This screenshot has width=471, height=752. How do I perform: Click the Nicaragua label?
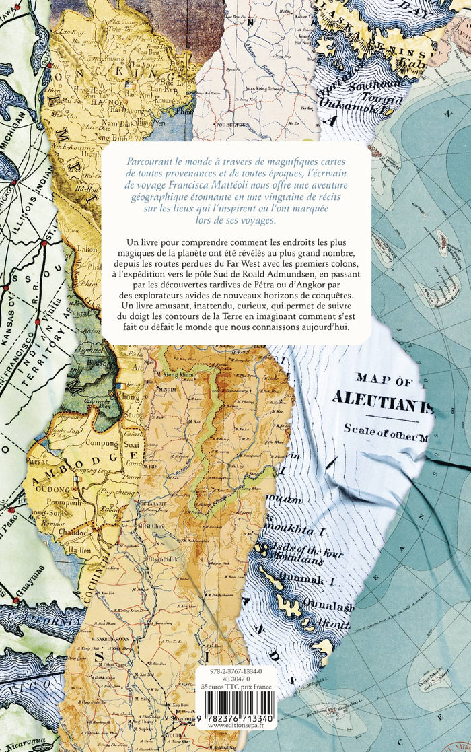pos(30,743)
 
